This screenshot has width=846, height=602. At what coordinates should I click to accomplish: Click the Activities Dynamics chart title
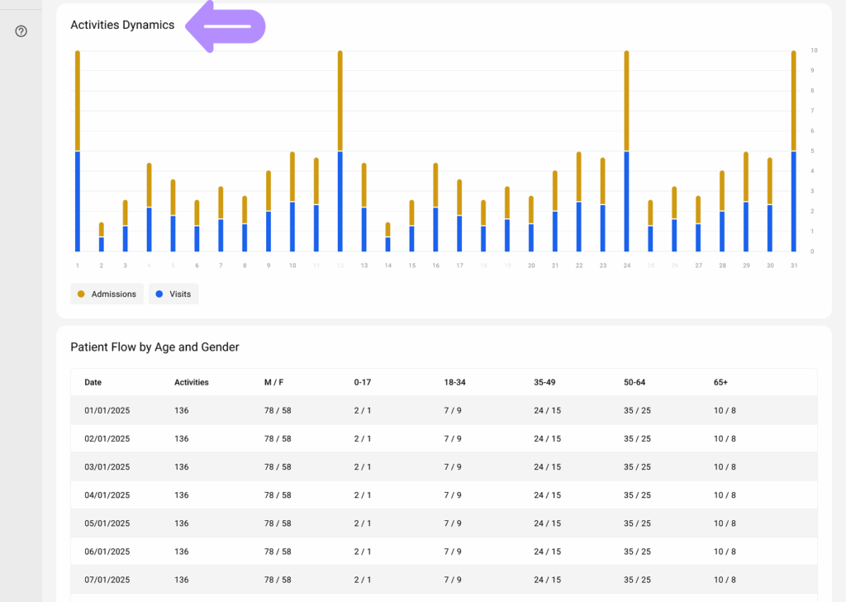[x=122, y=25]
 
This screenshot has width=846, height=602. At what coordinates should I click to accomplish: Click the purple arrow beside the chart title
[x=225, y=26]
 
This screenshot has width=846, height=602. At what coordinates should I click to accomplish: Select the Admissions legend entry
[x=107, y=294]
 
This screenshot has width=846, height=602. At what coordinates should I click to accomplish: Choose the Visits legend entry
[x=174, y=294]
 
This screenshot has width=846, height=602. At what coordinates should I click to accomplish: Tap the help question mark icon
[x=21, y=31]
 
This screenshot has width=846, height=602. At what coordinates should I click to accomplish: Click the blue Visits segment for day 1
[x=78, y=201]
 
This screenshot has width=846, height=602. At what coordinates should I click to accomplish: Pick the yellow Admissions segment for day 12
[x=340, y=100]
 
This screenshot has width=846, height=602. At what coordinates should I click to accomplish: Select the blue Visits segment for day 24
[x=626, y=201]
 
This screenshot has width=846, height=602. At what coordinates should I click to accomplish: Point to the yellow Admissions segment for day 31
[x=793, y=100]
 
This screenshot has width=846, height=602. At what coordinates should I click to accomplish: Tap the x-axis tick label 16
[x=435, y=265]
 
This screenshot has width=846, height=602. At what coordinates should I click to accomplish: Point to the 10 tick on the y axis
[x=814, y=50]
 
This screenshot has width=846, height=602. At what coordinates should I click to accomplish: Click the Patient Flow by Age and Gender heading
[x=154, y=347]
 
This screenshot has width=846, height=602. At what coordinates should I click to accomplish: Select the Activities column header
[x=192, y=382]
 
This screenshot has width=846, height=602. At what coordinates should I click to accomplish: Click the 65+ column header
[x=720, y=382]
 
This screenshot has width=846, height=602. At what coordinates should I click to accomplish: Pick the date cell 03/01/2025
[x=107, y=467]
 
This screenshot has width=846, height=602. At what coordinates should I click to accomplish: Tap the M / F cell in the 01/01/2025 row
[x=277, y=411]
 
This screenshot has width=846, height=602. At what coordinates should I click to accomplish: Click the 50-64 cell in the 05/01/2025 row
[x=637, y=523]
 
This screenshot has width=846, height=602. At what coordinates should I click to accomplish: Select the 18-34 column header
[x=455, y=382]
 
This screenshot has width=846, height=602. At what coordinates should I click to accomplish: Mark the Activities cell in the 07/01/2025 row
[x=182, y=580]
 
